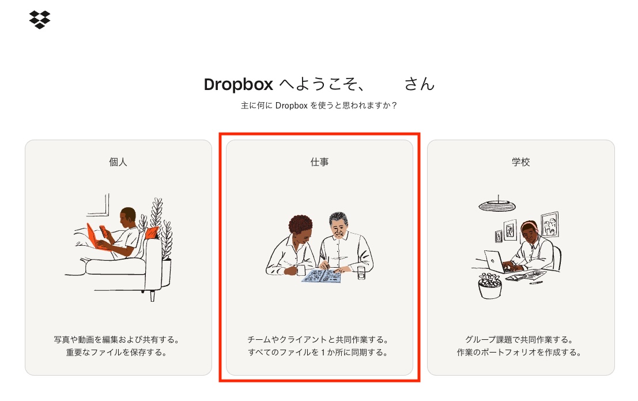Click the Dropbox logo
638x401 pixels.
(40, 20)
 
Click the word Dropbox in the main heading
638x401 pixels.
(239, 84)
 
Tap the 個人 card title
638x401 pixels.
(118, 162)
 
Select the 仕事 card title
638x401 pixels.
(319, 162)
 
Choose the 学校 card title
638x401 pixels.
(521, 162)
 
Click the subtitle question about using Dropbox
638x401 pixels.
(319, 106)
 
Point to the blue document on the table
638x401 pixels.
(322, 276)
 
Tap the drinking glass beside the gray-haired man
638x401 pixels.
(361, 273)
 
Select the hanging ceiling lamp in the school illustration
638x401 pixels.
(497, 205)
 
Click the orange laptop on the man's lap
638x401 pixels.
(96, 238)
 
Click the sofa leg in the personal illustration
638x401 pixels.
(153, 295)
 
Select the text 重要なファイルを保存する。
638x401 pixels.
(117, 353)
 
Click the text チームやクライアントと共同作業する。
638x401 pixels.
(318, 339)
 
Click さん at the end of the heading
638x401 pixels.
(420, 84)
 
